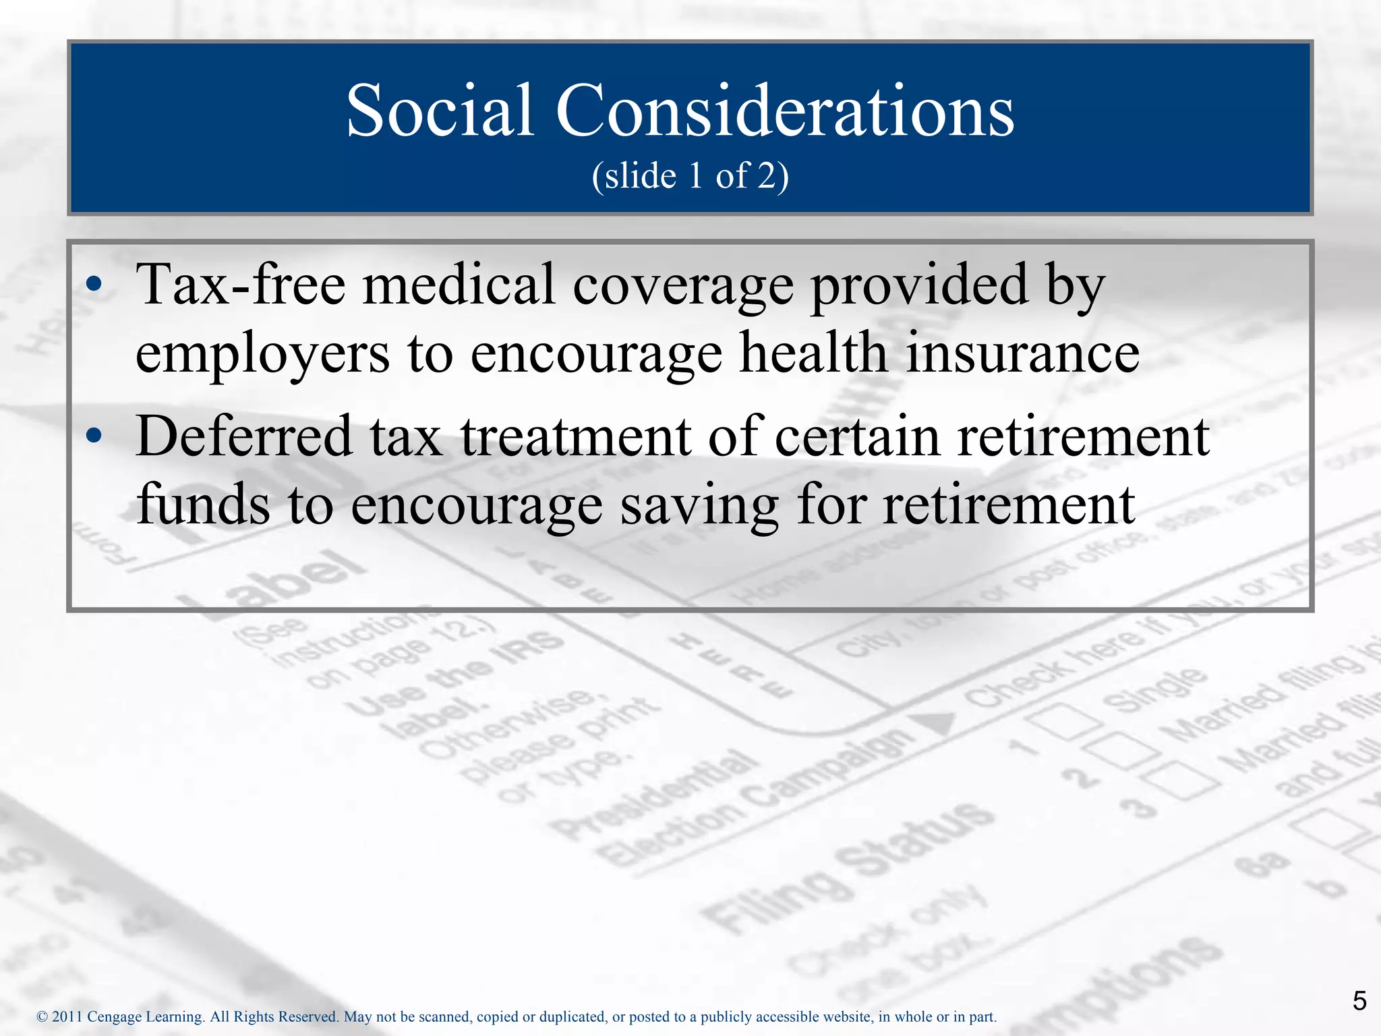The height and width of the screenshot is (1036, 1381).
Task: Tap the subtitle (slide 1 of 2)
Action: pyautogui.click(x=690, y=176)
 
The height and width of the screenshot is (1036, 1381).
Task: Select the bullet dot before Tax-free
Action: pyautogui.click(x=94, y=286)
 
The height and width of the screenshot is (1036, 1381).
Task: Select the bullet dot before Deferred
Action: pyautogui.click(x=94, y=437)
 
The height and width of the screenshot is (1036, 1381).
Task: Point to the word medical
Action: pyautogui.click(x=459, y=285)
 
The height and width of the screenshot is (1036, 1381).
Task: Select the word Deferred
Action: pyautogui.click(x=244, y=437)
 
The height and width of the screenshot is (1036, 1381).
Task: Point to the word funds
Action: pyautogui.click(x=203, y=505)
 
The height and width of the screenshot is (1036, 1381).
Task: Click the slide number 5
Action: pyautogui.click(x=1359, y=1001)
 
